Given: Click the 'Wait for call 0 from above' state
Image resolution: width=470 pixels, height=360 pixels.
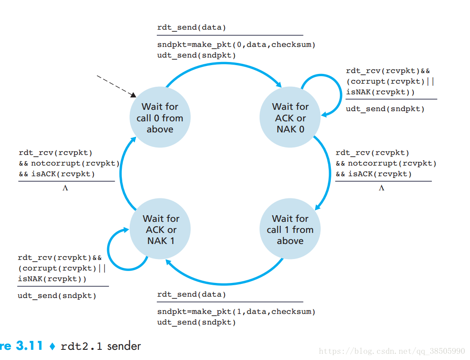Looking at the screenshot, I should [x=160, y=118].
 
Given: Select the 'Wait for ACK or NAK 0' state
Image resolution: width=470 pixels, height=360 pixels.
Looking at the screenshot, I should [x=290, y=118].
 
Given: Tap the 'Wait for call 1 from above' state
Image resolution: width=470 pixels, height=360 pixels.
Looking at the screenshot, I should [x=290, y=229].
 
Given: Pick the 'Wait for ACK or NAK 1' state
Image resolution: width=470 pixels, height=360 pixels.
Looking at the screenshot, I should [x=160, y=229].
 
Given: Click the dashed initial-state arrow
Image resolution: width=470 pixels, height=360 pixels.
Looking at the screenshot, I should [x=116, y=85].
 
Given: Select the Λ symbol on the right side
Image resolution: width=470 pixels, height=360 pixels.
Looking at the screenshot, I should [x=381, y=188].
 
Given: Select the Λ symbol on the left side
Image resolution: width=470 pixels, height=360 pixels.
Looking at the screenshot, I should [x=66, y=188].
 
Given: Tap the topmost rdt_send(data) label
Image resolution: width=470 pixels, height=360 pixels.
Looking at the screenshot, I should [x=191, y=27].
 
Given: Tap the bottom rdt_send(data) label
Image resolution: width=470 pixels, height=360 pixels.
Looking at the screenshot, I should [x=191, y=294].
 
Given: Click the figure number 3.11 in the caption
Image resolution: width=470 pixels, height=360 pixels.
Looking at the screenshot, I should [x=29, y=345].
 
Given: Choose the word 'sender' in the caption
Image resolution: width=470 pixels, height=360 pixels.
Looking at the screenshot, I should [x=124, y=345].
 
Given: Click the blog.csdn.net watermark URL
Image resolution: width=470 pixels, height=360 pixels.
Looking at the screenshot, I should [x=392, y=351].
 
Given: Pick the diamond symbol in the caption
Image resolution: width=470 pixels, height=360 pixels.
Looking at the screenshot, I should [x=52, y=346].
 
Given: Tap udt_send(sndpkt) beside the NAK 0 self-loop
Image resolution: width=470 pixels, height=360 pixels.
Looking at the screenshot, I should [x=385, y=109].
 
